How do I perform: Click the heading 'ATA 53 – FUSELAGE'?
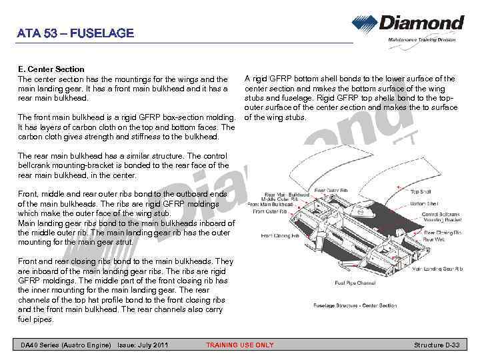tap(75, 33)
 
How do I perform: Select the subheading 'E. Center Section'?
tap(51, 69)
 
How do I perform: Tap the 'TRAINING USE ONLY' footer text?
tap(239, 345)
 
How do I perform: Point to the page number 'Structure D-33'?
tap(437, 345)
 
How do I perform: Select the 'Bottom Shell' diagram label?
tap(423, 203)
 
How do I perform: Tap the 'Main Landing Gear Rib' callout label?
tap(437, 269)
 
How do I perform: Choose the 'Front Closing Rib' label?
tap(278, 235)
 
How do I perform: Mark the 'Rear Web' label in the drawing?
tap(433, 239)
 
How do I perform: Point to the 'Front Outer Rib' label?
tap(270, 211)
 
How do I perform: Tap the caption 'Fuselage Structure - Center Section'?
tap(355, 305)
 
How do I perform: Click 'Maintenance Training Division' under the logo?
tap(422, 40)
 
